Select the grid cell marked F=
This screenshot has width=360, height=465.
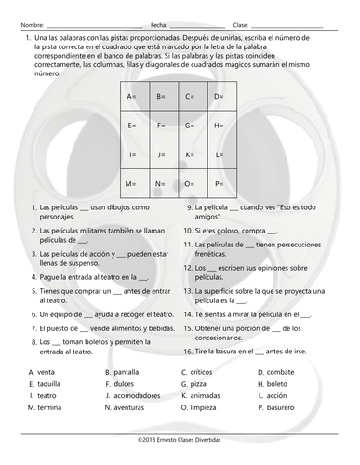161,126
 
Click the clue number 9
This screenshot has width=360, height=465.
188,207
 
